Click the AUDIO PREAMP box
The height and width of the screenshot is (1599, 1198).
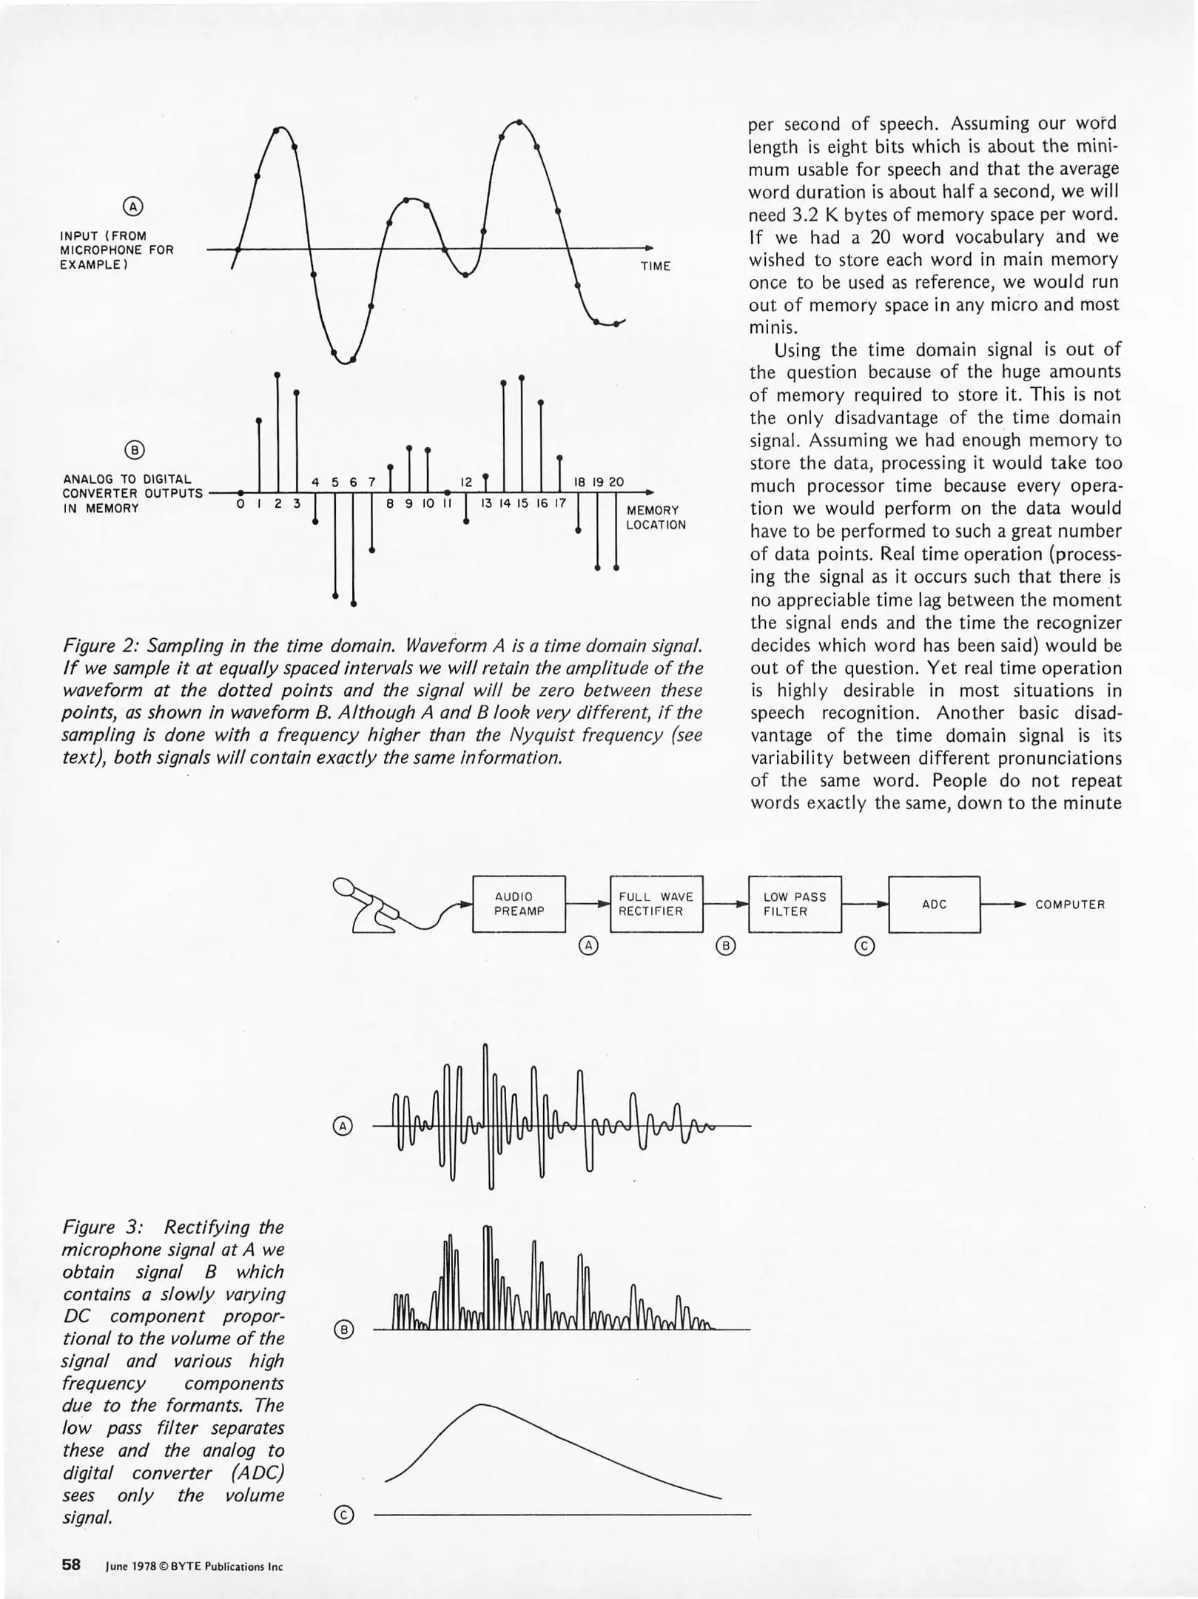point(518,904)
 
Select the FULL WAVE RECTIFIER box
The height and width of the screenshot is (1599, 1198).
point(656,904)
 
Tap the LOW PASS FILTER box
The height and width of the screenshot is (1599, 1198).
point(795,904)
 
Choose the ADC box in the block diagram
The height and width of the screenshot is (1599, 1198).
point(934,904)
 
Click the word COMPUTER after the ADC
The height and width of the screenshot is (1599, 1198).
point(1069,905)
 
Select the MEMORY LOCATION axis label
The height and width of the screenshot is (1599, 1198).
point(656,517)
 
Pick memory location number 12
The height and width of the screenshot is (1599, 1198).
point(466,482)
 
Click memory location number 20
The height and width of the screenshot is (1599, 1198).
point(616,482)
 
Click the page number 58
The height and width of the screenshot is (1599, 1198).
point(71,1565)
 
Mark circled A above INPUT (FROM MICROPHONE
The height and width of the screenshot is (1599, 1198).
point(132,207)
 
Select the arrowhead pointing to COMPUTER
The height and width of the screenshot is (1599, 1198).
point(1020,905)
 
